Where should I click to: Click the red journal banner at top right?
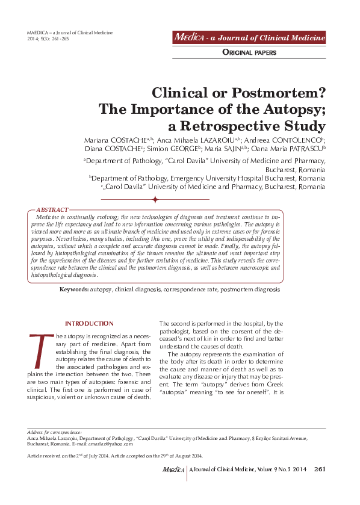249,37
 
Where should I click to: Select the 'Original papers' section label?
249,53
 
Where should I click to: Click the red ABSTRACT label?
52,209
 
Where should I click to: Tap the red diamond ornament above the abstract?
155,199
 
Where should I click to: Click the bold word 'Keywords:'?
73,290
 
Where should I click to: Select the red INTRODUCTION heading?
89,324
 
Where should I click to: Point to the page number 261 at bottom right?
320,469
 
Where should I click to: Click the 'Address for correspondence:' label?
55,432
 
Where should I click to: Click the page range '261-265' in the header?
56,39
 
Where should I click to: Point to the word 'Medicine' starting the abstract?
49,216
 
